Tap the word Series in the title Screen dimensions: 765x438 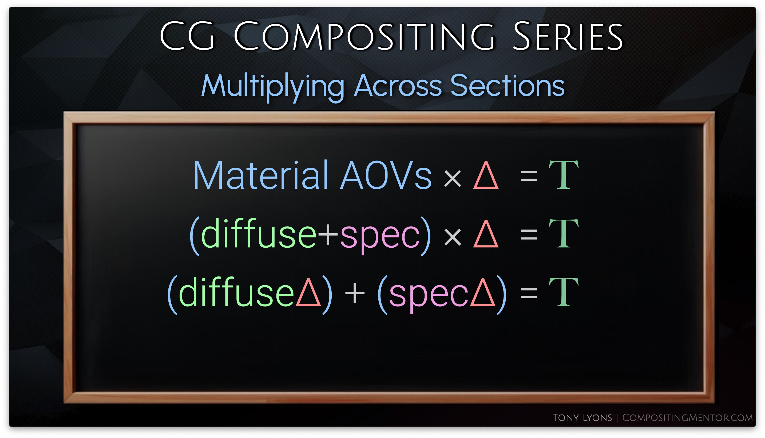tap(568, 36)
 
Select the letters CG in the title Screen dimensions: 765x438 tap(187, 36)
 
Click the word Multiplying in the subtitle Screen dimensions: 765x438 tap(272, 86)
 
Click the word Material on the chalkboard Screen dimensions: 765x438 tap(260, 175)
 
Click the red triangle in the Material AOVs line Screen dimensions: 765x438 tap(486, 175)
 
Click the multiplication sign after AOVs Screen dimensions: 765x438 tap(453, 178)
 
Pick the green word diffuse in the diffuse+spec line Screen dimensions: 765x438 tap(259, 233)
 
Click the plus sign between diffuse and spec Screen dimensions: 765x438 tap(328, 235)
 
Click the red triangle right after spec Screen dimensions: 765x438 tap(483, 292)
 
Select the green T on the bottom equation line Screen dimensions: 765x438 tap(564, 292)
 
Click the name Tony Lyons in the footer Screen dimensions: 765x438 tap(582, 417)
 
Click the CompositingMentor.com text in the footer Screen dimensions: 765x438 tap(687, 417)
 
